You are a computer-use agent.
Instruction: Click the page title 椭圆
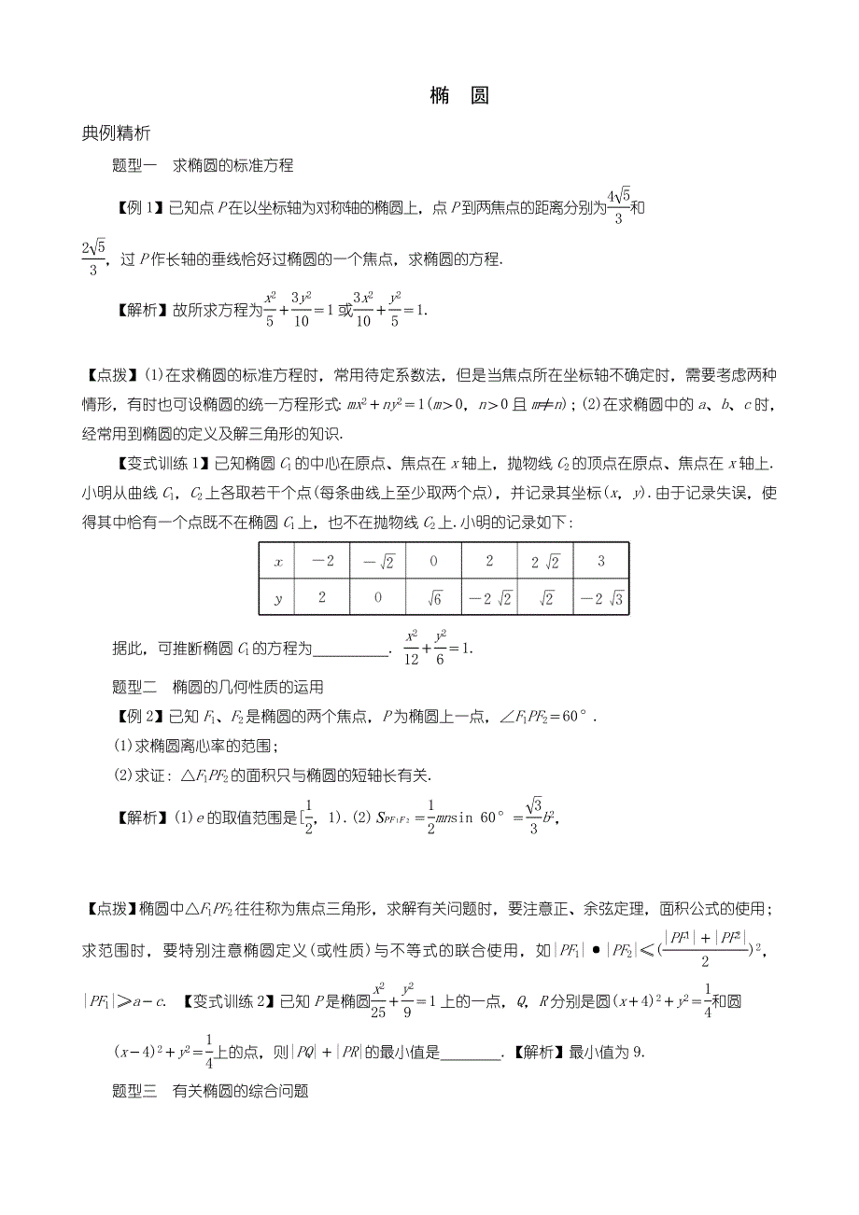[x=459, y=96]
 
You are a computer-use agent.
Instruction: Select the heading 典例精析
[x=117, y=133]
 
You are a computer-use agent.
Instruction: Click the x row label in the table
[x=277, y=563]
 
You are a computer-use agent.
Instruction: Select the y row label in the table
[x=277, y=597]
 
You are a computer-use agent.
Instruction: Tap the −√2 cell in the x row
[x=377, y=563]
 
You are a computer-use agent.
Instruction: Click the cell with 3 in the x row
[x=600, y=563]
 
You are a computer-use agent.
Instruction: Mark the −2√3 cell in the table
[x=600, y=597]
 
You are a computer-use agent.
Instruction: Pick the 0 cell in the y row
[x=377, y=597]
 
